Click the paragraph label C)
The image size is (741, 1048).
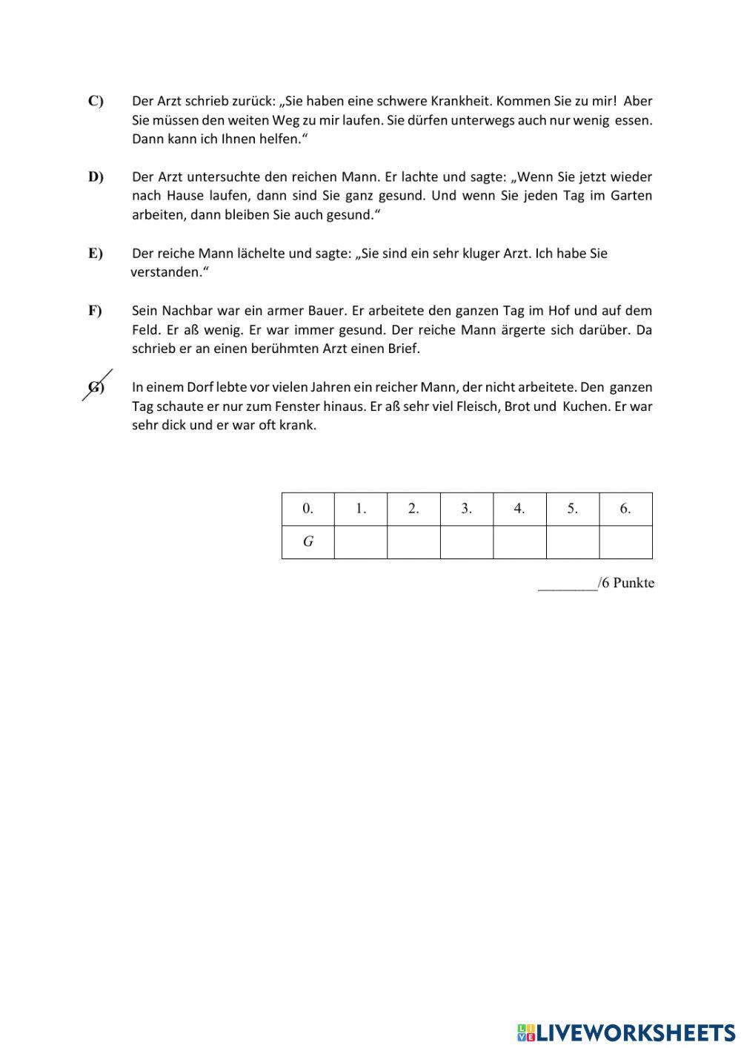(96, 101)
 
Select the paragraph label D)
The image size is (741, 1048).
(96, 177)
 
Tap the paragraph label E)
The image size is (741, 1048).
(96, 253)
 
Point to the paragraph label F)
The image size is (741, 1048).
(96, 311)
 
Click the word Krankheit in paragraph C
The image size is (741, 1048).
(461, 101)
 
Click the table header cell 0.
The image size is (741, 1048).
(308, 509)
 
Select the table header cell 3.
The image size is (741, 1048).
(466, 509)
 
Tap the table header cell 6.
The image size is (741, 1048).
(625, 509)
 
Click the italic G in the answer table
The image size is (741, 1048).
(308, 541)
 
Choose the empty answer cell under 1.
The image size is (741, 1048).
(361, 541)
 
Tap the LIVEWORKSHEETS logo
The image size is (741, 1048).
(626, 1032)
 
